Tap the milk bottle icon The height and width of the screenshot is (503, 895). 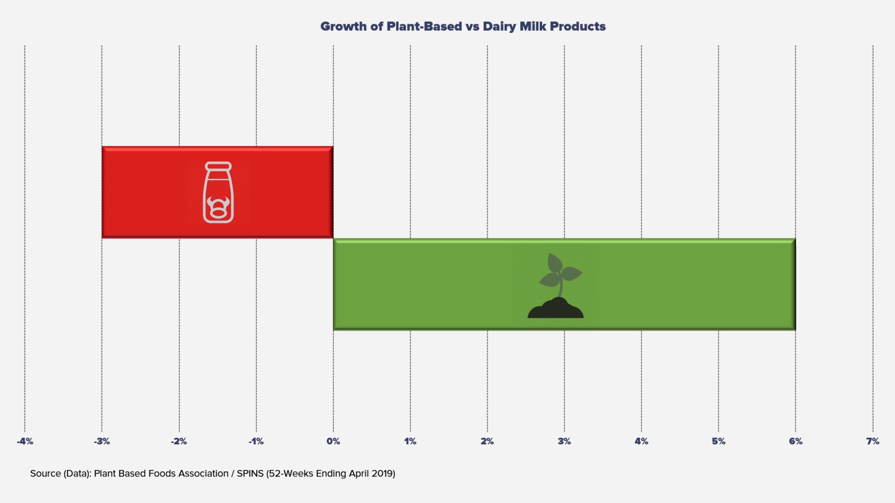tap(218, 192)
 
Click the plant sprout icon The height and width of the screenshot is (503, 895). tap(556, 286)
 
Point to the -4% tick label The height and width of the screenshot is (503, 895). tap(25, 441)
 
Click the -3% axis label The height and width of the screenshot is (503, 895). tap(102, 441)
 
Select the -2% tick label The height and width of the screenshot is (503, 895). tap(179, 441)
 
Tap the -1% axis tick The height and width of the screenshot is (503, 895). tap(256, 441)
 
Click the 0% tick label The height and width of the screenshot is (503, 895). tap(333, 441)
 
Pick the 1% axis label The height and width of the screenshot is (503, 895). tap(410, 441)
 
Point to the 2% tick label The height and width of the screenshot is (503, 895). tap(487, 441)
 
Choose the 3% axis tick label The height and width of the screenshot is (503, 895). tap(565, 441)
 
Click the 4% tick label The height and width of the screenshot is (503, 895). tap(641, 441)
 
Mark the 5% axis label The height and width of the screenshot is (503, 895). tap(718, 441)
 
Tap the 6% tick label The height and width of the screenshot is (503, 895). tap(796, 441)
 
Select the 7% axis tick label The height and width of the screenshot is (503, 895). tap(873, 441)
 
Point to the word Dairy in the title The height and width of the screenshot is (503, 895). tap(499, 27)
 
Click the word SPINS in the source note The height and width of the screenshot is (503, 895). tap(250, 474)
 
